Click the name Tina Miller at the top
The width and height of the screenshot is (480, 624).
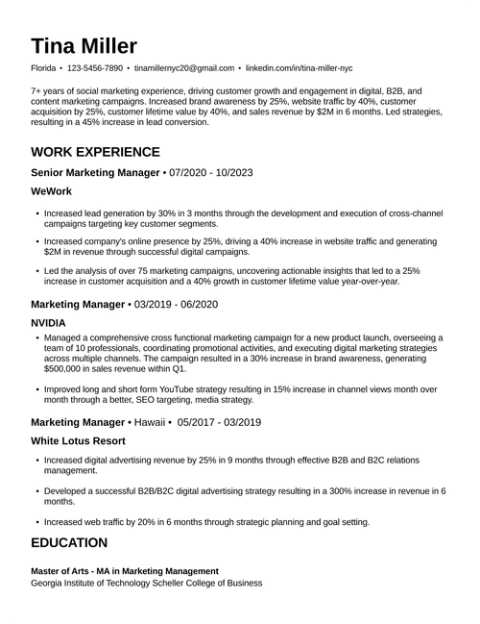tap(84, 46)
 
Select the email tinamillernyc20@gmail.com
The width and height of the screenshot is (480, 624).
tap(184, 69)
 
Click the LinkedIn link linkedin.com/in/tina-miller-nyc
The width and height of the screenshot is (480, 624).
tap(300, 69)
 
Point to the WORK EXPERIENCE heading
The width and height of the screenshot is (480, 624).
tap(95, 152)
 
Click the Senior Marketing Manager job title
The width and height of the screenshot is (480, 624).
tap(95, 172)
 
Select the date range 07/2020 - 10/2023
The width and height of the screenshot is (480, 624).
tap(210, 172)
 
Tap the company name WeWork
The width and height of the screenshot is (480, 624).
tap(52, 191)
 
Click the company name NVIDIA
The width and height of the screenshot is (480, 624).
tap(49, 323)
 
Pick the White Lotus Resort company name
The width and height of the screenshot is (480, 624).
tap(79, 440)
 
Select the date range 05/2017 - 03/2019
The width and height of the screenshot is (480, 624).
tap(221, 422)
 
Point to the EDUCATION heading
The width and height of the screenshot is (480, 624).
tap(69, 543)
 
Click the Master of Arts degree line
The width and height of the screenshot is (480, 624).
tap(125, 571)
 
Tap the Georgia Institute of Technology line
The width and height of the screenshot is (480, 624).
tap(146, 583)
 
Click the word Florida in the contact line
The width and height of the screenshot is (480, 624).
tap(43, 69)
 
